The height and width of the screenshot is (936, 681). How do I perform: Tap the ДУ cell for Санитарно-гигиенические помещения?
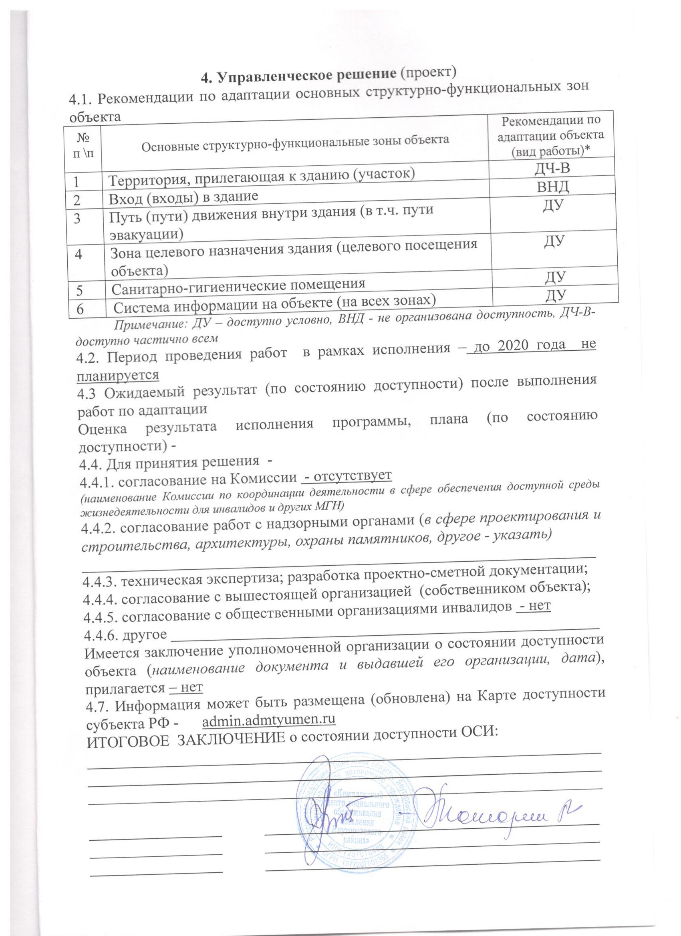point(555,276)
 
